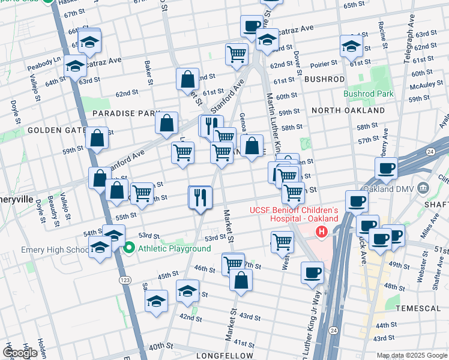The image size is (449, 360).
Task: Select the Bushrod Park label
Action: tap(369, 94)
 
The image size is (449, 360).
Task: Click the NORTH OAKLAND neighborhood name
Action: tap(348, 111)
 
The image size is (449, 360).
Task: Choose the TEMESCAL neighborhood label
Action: tap(419, 308)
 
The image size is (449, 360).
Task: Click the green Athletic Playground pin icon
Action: tap(128, 247)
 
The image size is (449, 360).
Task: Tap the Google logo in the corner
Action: tap(20, 352)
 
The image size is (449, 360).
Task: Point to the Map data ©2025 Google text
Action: tap(412, 356)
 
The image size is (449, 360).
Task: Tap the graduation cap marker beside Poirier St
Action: tap(351, 44)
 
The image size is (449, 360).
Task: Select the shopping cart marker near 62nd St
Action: tap(237, 53)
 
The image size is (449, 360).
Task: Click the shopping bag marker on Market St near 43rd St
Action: tap(241, 280)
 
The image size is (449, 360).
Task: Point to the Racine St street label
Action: tap(381, 36)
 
